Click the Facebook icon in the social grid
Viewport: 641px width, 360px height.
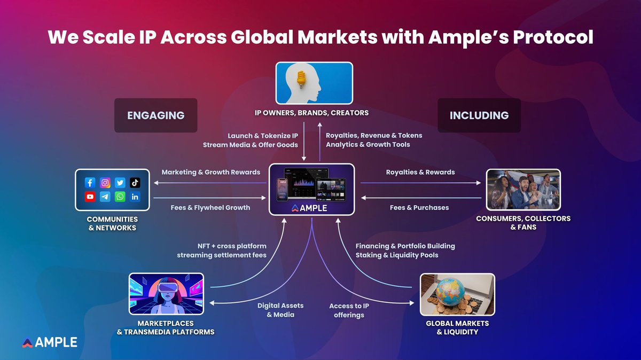[90, 183]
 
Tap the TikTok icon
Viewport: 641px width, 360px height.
[135, 183]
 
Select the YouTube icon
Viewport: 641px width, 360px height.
[90, 197]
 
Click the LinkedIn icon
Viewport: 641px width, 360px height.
[135, 197]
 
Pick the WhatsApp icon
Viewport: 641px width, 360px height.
[120, 197]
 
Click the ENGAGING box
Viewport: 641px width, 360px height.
[155, 115]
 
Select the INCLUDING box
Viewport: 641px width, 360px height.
[479, 115]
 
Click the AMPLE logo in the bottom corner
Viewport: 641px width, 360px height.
[50, 342]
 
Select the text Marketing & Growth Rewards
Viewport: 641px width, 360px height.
[211, 172]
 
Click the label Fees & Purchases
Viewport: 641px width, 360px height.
[419, 207]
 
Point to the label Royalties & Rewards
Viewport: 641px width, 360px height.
[420, 172]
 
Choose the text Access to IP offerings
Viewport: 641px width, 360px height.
[349, 310]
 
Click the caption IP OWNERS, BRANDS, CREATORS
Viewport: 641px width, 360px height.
[314, 113]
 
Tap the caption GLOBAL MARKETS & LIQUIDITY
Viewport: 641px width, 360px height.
[457, 327]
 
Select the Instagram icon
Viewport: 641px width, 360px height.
[105, 183]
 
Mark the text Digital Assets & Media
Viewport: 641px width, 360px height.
[280, 310]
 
